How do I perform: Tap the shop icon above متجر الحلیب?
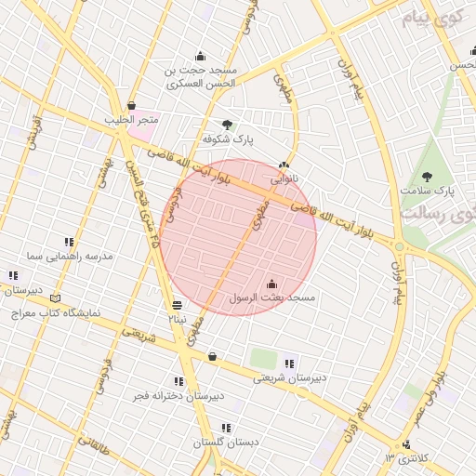coord(131,106)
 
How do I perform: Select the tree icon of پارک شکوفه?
coord(227,125)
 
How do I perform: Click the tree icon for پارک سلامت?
coord(427,176)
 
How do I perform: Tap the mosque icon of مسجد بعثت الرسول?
coord(272,284)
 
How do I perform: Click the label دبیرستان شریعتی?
coord(290,377)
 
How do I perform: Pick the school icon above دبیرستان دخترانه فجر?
coord(178,381)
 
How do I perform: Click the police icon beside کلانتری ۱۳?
coord(404,443)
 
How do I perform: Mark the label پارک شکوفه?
coord(230,139)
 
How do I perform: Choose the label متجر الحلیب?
coord(135,120)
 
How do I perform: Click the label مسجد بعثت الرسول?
coord(273,298)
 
